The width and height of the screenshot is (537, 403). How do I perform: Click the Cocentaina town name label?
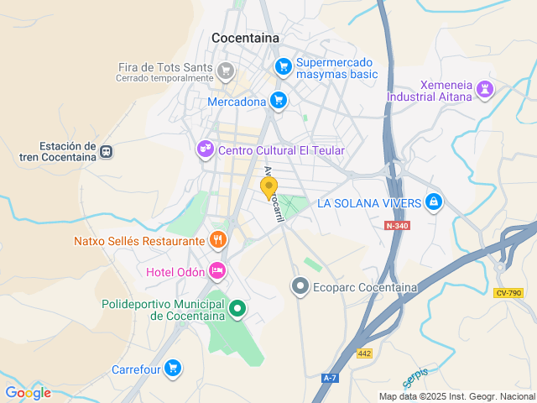click(245, 38)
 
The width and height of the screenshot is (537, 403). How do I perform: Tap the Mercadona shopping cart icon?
click(279, 102)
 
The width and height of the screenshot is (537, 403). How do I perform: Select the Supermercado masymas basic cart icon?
click(284, 65)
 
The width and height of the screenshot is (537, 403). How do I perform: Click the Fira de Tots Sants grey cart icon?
click(224, 70)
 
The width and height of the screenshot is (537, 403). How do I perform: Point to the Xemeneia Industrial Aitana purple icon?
click(485, 89)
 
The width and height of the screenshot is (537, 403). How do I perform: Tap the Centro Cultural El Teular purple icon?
click(205, 150)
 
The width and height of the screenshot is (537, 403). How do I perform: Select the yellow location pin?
click(269, 188)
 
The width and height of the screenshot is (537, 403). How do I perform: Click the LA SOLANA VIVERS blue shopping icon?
click(433, 201)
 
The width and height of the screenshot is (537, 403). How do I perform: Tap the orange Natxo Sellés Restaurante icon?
click(218, 240)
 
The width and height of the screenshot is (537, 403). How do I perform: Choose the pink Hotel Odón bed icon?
click(217, 270)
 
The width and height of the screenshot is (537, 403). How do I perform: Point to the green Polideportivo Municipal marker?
click(237, 309)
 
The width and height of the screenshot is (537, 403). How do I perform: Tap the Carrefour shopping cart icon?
click(173, 369)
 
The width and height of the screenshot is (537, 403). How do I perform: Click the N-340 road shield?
click(398, 226)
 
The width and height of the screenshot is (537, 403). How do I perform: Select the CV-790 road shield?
click(508, 292)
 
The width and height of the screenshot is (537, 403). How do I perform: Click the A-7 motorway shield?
click(330, 379)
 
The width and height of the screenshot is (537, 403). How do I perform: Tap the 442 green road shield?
click(364, 353)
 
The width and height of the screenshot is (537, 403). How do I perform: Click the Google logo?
click(28, 393)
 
